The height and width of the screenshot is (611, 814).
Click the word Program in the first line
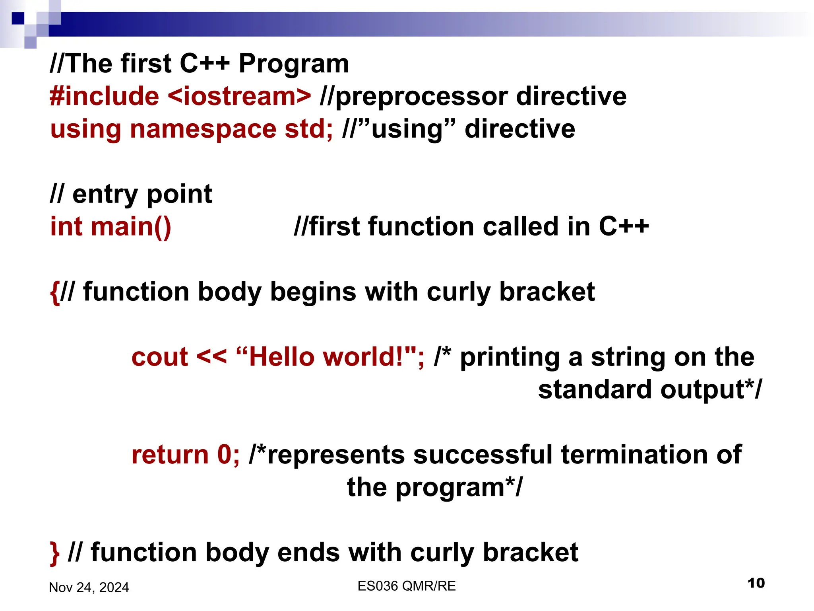pyautogui.click(x=293, y=64)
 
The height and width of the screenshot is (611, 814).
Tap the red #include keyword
pyautogui.click(x=104, y=97)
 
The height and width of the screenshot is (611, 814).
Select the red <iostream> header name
pyautogui.click(x=239, y=97)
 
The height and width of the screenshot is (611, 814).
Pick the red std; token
pyautogui.click(x=309, y=129)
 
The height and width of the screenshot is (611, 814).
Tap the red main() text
pyautogui.click(x=131, y=227)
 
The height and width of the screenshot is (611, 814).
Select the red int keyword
pyautogui.click(x=66, y=227)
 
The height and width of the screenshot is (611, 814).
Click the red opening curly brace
pyautogui.click(x=54, y=292)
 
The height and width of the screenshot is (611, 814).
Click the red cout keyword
pyautogui.click(x=159, y=357)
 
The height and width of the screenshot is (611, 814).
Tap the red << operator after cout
pyautogui.click(x=211, y=357)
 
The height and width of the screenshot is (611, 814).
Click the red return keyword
pyautogui.click(x=170, y=455)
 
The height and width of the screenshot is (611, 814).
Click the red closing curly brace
pyautogui.click(x=54, y=553)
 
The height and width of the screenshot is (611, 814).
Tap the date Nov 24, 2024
pyautogui.click(x=89, y=588)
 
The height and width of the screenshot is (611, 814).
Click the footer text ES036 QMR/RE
pyautogui.click(x=406, y=586)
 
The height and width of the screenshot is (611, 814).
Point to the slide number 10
pyautogui.click(x=756, y=583)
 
